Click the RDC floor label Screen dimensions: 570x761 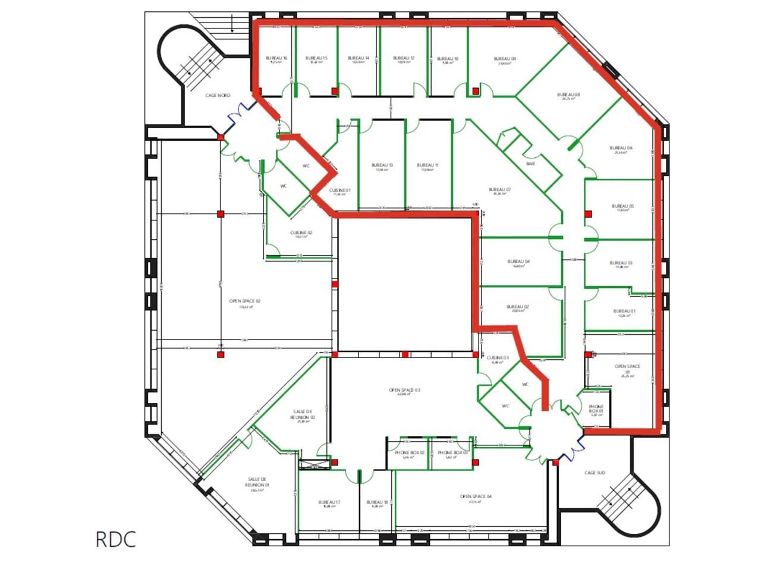[x=116, y=539]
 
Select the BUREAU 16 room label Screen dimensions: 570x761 [x=276, y=59]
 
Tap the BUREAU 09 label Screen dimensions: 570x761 [x=505, y=59]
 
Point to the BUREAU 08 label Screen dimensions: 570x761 [x=568, y=96]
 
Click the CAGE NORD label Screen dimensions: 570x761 [x=218, y=96]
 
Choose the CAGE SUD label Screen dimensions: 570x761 [x=595, y=473]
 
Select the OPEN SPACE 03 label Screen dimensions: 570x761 [x=404, y=391]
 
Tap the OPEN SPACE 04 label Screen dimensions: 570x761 [x=476, y=497]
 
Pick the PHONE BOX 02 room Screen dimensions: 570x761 [x=409, y=454]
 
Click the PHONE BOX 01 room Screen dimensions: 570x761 [x=596, y=409]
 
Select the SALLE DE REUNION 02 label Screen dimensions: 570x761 [x=303, y=415]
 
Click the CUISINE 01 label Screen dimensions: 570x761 [x=339, y=191]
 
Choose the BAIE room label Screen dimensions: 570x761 [x=530, y=163]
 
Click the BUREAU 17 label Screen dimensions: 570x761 [x=329, y=502]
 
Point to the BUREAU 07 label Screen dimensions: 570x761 [x=500, y=191]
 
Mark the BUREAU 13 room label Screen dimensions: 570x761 [x=382, y=166]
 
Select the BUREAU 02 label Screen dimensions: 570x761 [x=518, y=308]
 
